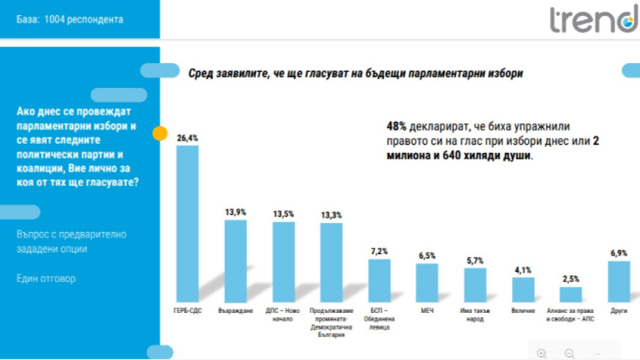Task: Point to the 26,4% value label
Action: click(x=188, y=138)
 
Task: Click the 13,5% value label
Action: click(x=284, y=214)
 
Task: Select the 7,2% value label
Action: click(x=379, y=251)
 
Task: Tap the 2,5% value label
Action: click(x=571, y=279)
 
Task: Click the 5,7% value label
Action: click(x=475, y=260)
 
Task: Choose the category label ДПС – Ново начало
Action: click(x=284, y=315)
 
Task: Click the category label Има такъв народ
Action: click(x=475, y=315)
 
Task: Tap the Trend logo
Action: click(x=593, y=19)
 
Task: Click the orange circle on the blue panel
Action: click(x=160, y=134)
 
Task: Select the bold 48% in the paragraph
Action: click(x=396, y=127)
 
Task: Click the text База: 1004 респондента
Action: click(x=70, y=19)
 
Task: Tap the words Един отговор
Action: click(x=46, y=278)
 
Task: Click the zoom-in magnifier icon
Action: click(x=542, y=353)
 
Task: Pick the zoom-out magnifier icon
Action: click(x=569, y=353)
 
